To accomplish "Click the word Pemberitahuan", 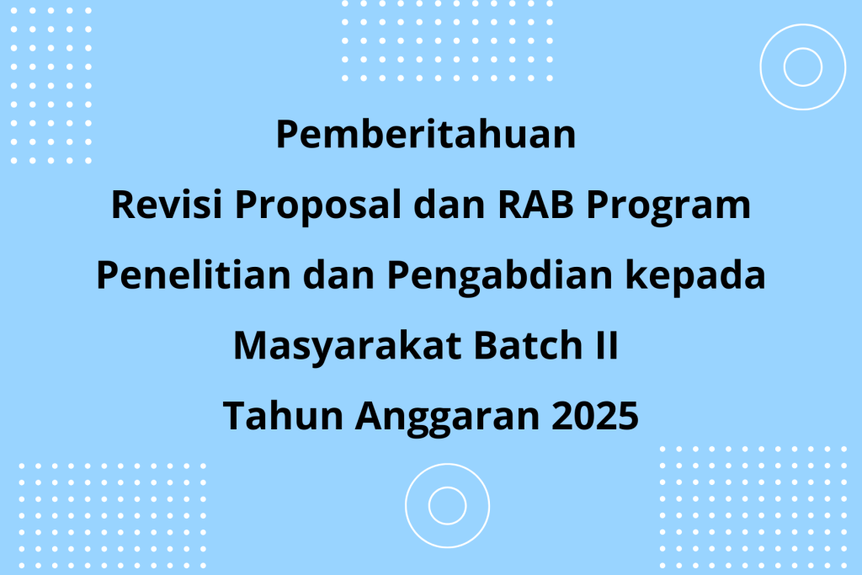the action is [425, 134].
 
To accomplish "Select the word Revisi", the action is [167, 205].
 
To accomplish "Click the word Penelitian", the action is [194, 274].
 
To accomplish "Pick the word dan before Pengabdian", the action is [338, 274].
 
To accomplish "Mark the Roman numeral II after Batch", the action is [607, 346].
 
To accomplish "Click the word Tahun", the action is [283, 416].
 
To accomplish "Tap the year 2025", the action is [595, 416].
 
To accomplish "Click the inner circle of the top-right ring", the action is [803, 48].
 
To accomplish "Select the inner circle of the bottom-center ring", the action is [448, 487].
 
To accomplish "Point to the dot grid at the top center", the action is [447, 41].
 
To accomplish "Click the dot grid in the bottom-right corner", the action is [753, 508].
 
